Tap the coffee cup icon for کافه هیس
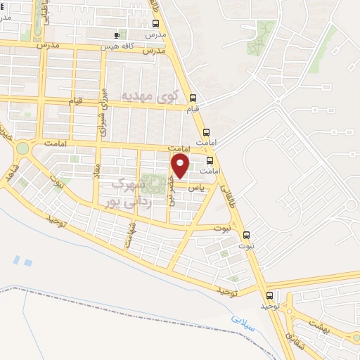tap(117, 35)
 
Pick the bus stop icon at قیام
tap(193, 98)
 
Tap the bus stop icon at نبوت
tap(246, 235)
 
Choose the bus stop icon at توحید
tap(269, 295)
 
